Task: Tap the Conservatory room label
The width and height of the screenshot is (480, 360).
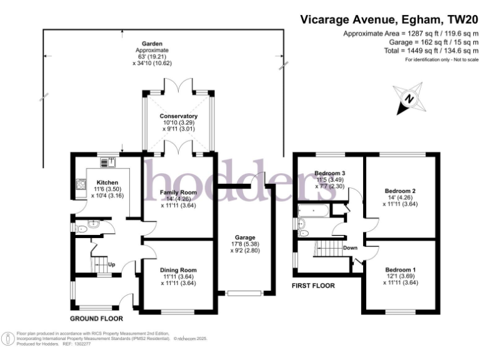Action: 178,116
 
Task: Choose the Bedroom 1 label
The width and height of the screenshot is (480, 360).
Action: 400,269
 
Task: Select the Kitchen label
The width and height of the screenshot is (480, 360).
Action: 107,182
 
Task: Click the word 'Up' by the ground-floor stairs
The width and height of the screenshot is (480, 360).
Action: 112,264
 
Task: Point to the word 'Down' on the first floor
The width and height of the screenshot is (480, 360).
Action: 350,247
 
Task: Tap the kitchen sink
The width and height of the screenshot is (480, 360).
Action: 107,162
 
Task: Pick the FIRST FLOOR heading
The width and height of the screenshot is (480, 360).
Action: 314,286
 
